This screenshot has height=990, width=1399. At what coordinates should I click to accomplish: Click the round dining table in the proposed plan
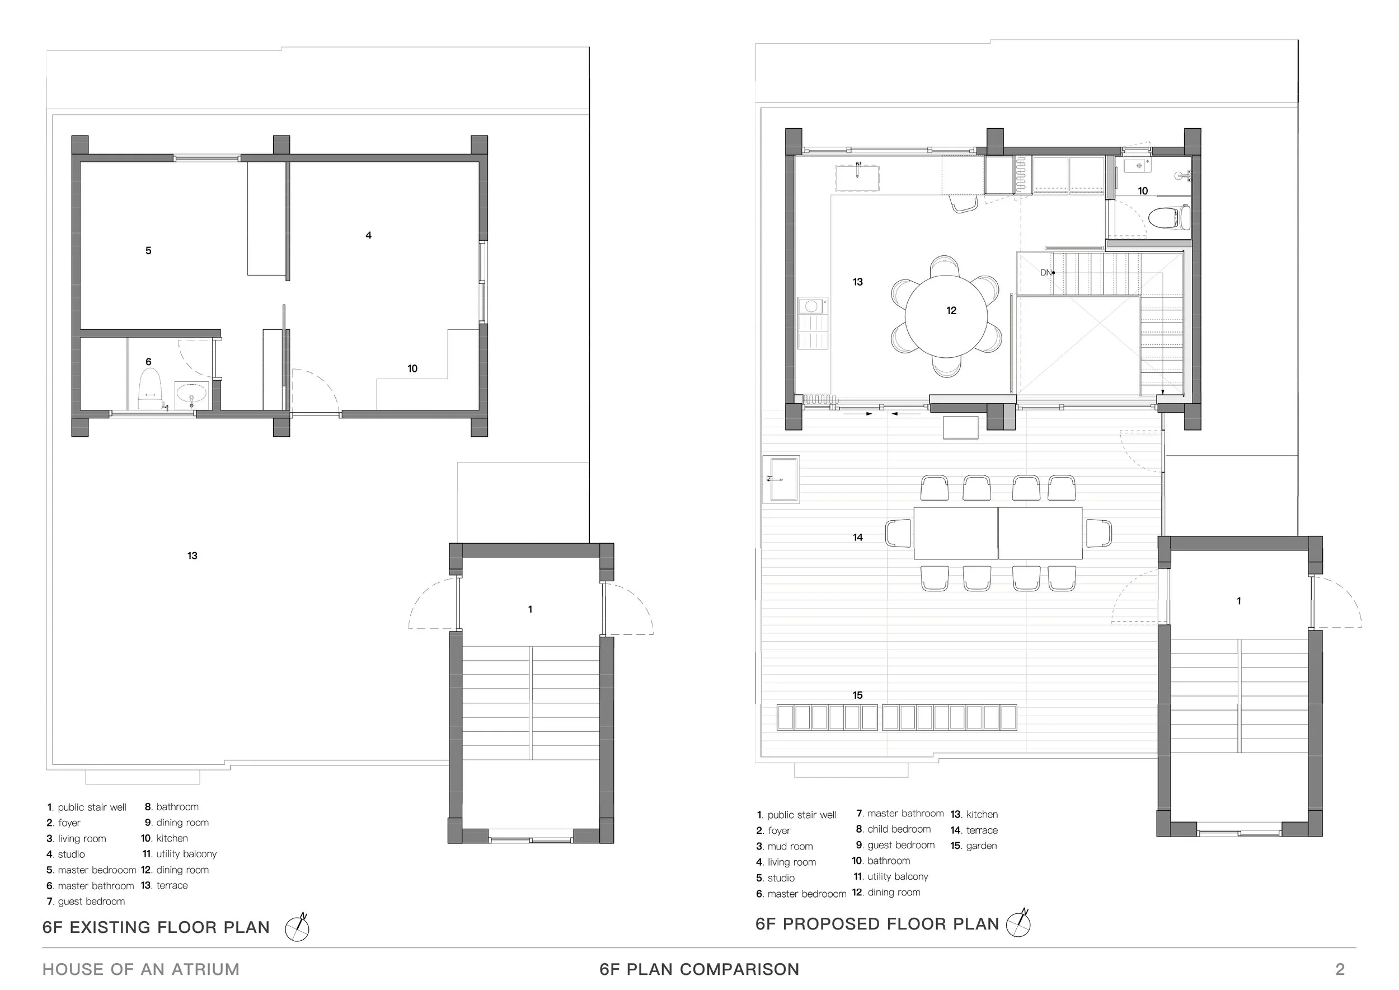946,317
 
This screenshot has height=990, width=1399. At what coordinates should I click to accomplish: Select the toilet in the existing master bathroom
149,388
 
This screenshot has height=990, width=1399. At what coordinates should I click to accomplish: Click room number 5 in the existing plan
148,250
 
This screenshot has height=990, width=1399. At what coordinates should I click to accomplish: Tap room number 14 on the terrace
858,537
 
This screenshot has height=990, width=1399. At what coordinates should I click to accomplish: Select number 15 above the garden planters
858,695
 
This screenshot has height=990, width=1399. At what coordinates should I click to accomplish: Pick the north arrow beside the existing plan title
297,928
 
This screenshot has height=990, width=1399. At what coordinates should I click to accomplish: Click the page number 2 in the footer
1340,969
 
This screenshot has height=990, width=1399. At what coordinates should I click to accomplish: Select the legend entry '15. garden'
974,846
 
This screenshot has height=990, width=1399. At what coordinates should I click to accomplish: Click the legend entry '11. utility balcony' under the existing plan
179,854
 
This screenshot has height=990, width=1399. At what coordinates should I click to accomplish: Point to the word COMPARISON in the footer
739,969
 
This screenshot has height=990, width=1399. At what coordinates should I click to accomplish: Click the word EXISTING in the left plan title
109,927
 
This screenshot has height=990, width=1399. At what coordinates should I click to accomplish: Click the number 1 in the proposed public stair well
1239,601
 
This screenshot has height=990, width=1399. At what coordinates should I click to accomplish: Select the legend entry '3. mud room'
785,846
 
